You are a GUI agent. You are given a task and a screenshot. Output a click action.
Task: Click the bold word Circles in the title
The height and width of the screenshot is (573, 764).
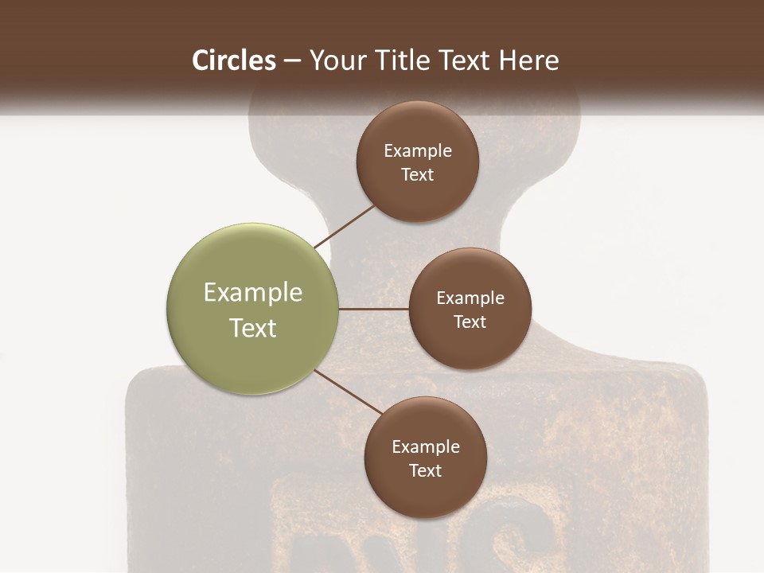(x=234, y=60)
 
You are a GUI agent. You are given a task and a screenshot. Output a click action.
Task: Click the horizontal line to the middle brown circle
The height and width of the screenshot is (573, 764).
(x=374, y=309)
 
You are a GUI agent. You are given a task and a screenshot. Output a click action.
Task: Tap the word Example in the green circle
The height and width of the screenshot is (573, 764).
(x=253, y=293)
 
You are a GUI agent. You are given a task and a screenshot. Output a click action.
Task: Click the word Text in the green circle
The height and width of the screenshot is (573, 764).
(x=253, y=328)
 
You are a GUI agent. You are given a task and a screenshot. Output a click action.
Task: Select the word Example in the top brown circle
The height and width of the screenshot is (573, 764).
(x=418, y=150)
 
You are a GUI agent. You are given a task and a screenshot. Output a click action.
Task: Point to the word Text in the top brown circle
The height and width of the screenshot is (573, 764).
(x=418, y=174)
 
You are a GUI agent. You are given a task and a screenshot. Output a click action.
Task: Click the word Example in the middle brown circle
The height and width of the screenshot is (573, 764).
(x=470, y=298)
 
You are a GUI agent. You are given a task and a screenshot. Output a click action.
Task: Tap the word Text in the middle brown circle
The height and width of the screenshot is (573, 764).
(x=470, y=322)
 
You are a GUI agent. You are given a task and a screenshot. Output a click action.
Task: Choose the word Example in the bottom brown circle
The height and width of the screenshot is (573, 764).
(x=426, y=446)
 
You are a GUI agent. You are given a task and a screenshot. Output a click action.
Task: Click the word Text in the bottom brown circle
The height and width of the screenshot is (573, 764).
(x=426, y=470)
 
